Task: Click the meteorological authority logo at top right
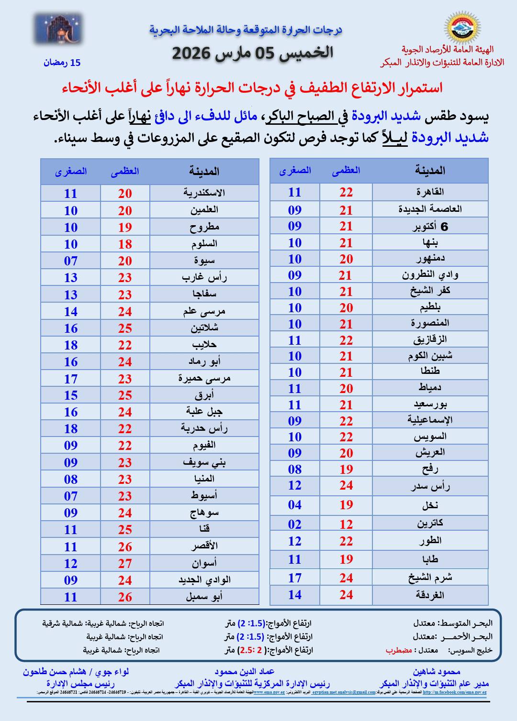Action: [x=463, y=28]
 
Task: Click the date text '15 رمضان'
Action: [x=62, y=63]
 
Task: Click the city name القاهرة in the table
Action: [x=429, y=192]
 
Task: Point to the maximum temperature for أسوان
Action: [x=125, y=564]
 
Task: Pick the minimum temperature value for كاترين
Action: [x=294, y=524]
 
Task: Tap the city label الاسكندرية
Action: [x=204, y=193]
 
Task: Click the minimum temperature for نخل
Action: [x=294, y=505]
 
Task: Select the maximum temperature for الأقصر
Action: [x=125, y=547]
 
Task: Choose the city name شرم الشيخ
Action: [x=429, y=578]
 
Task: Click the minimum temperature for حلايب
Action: [x=71, y=345]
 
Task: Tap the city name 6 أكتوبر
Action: [x=429, y=227]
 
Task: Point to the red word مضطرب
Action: [x=399, y=650]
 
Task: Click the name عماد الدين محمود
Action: [x=244, y=672]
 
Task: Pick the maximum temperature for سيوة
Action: [x=125, y=261]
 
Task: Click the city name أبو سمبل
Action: [x=204, y=597]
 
